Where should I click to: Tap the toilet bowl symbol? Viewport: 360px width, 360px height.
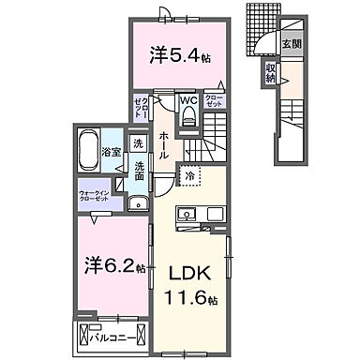point(187,117)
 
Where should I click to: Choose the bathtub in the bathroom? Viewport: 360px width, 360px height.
point(91,147)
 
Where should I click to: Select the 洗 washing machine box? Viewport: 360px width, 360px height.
point(138,145)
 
